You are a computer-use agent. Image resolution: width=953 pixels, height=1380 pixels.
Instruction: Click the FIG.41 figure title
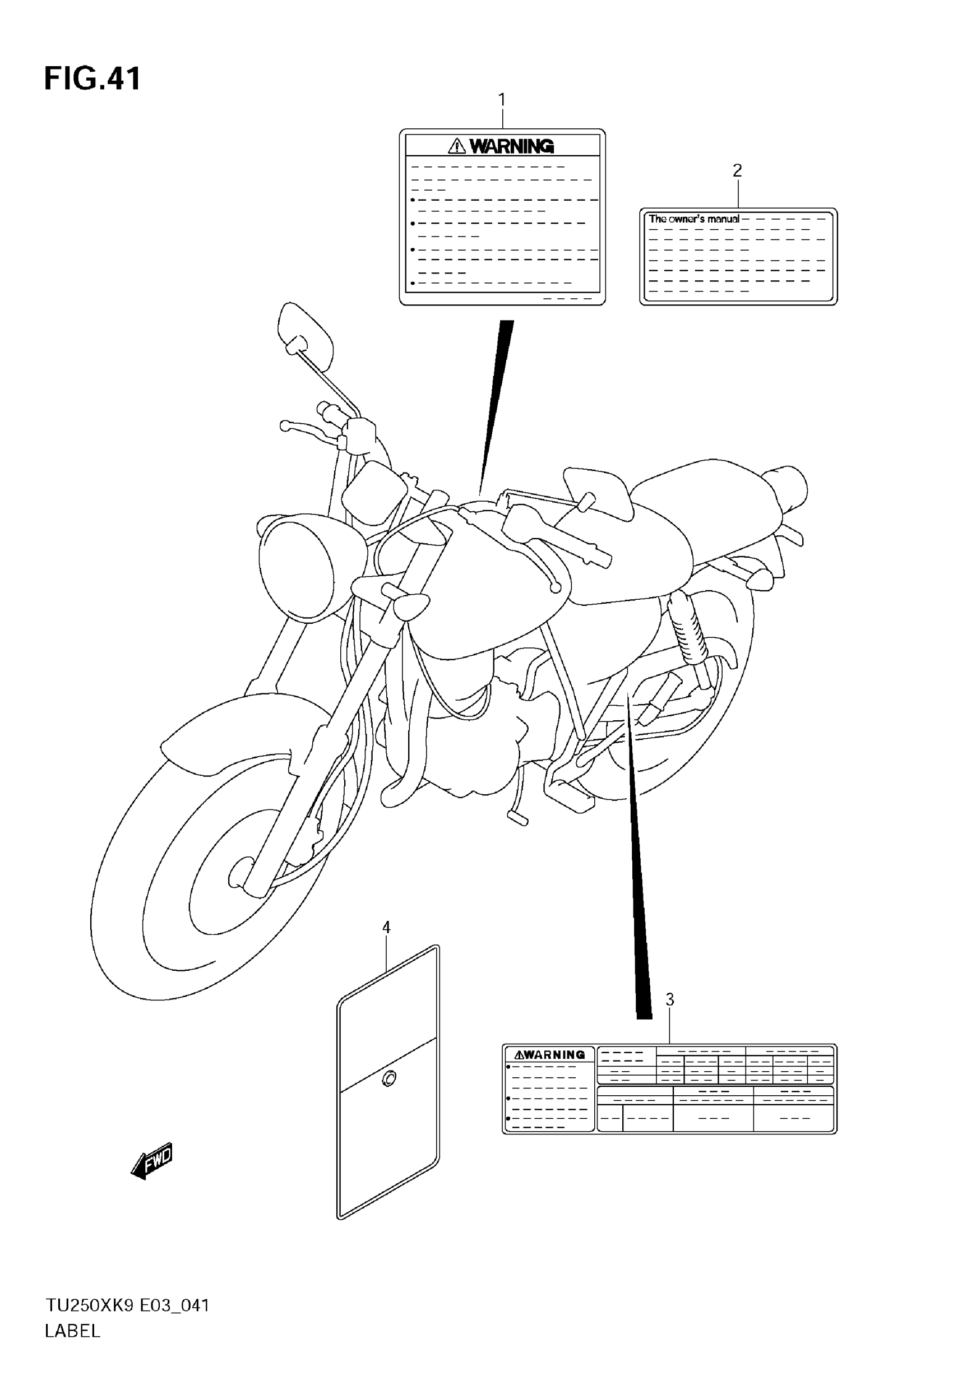coord(92,79)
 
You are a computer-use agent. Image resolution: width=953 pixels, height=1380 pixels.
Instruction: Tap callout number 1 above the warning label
coord(502,99)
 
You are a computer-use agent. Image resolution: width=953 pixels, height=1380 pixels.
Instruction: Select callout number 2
coord(737,171)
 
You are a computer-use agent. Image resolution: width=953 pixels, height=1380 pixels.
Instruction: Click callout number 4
coord(386,928)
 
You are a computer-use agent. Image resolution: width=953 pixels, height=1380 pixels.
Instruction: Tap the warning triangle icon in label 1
coord(457,146)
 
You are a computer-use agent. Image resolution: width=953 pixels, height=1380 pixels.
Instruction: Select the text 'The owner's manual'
coord(694,219)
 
